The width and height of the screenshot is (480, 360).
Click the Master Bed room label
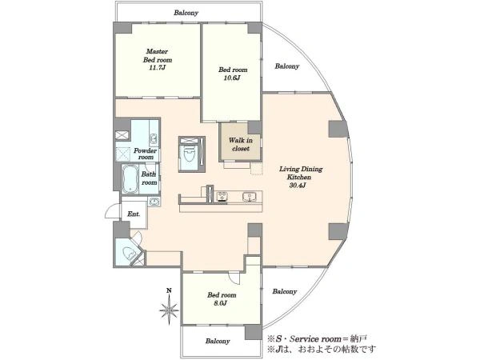click(158, 59)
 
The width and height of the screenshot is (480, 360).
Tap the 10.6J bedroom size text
click(232, 78)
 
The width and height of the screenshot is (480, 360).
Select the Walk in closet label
click(241, 144)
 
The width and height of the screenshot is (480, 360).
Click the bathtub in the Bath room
click(130, 179)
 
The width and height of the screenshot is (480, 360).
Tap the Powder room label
click(145, 154)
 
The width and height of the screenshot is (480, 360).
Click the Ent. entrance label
click(134, 214)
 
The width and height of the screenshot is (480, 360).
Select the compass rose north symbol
click(169, 310)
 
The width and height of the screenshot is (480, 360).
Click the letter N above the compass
click(169, 290)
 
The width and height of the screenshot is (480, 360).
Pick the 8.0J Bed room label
click(222, 299)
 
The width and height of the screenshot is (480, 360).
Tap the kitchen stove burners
click(222, 196)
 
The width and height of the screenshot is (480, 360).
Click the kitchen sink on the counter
click(250, 197)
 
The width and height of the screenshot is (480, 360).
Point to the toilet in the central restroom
click(188, 154)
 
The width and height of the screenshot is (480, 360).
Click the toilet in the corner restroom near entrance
click(128, 254)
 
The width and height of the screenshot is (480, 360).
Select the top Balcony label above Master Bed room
click(186, 13)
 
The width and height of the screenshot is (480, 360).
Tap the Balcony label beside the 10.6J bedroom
click(287, 66)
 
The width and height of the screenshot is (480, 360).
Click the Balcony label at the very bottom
click(218, 341)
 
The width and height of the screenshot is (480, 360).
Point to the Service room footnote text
click(317, 339)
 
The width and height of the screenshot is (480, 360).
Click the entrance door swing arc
click(111, 211)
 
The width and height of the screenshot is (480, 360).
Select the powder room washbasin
click(154, 139)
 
